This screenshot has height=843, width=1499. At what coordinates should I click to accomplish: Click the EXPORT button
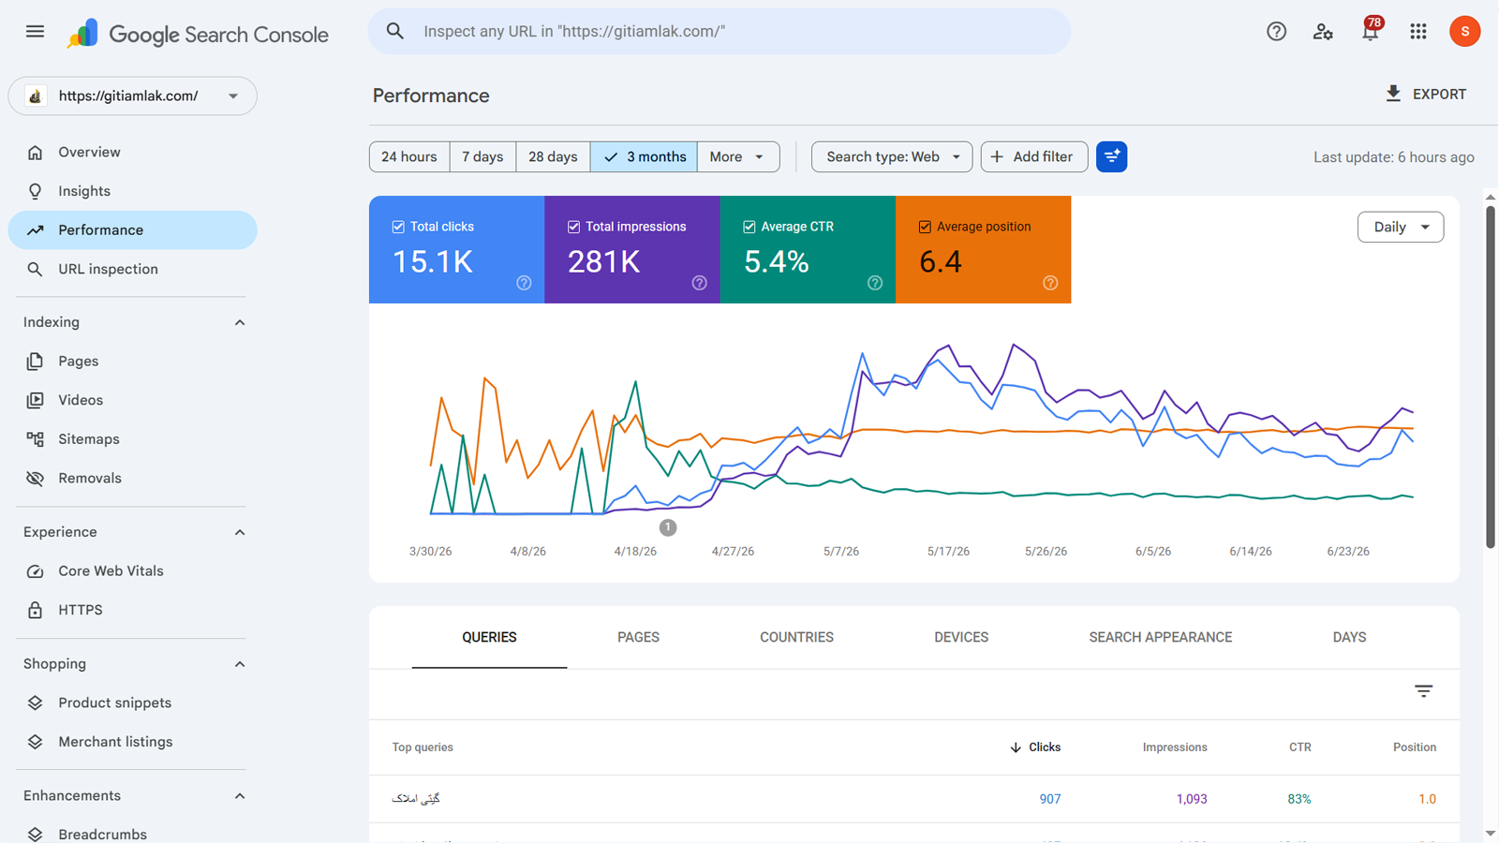pos(1426,95)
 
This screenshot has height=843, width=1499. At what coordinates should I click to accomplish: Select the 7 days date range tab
pos(482,156)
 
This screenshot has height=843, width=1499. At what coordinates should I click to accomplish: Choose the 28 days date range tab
pos(553,156)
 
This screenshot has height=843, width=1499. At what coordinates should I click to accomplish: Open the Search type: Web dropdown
pos(892,156)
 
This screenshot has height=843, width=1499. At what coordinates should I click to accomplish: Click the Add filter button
pos(1034,156)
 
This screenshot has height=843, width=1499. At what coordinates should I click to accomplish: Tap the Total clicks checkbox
pos(398,227)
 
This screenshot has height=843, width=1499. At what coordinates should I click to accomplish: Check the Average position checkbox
pos(925,227)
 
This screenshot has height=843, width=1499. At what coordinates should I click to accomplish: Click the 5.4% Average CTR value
pos(777,261)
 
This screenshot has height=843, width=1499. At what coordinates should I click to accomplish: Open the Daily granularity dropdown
pos(1401,227)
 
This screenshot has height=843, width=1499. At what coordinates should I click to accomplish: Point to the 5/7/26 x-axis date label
pos(841,552)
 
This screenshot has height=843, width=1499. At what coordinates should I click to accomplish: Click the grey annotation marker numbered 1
pos(667,527)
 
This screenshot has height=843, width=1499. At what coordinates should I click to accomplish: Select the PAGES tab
pos(638,637)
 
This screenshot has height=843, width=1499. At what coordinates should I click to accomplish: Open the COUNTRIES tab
pos(796,637)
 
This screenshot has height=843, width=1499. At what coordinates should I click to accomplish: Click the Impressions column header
pos(1175,747)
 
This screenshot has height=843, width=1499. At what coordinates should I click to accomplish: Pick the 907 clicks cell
pos(1050,799)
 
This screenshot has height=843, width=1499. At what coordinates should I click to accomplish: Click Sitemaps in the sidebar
pos(88,439)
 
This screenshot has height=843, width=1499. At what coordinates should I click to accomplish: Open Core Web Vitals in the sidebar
pos(111,570)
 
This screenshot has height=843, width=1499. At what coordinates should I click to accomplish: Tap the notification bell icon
pos(1370,32)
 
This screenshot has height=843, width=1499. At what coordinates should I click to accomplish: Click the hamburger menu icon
pos(35,32)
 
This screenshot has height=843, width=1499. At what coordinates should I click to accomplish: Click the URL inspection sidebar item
pos(108,269)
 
